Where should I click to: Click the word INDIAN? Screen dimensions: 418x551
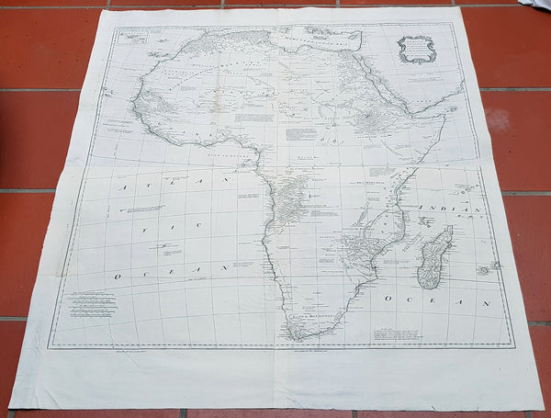[450, 210]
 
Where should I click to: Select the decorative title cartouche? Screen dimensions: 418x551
[415, 49]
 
